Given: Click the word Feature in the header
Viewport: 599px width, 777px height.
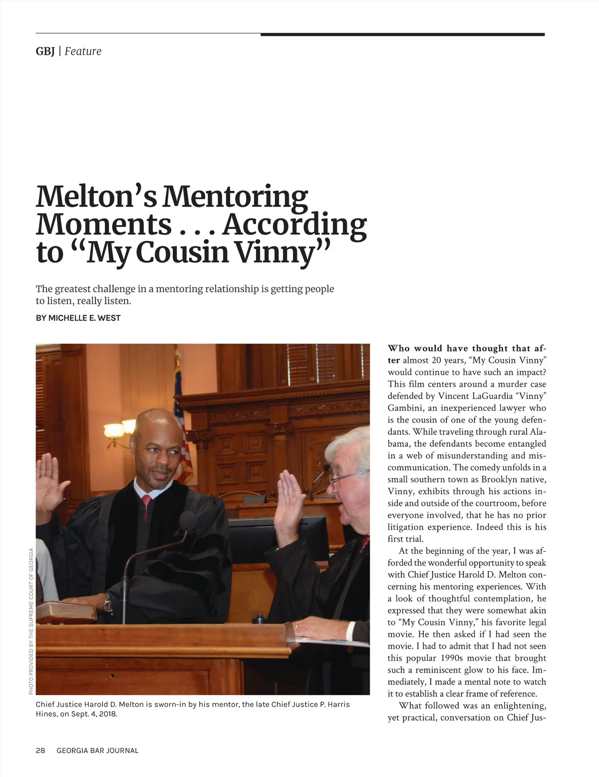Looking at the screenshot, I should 83,51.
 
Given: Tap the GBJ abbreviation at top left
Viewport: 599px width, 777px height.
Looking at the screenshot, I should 45,51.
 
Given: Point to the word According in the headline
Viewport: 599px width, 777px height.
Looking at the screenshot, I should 295,224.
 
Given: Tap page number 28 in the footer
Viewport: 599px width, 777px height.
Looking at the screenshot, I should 40,751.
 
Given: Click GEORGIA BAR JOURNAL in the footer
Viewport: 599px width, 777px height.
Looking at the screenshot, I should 97,751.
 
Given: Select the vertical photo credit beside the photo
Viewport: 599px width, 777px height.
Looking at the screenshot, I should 31,621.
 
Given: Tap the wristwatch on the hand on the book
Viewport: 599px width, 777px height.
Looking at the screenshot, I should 107,604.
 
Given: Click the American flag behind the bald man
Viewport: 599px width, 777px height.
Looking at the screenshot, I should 182,439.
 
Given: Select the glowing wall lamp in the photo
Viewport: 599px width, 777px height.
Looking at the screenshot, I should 114,430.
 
